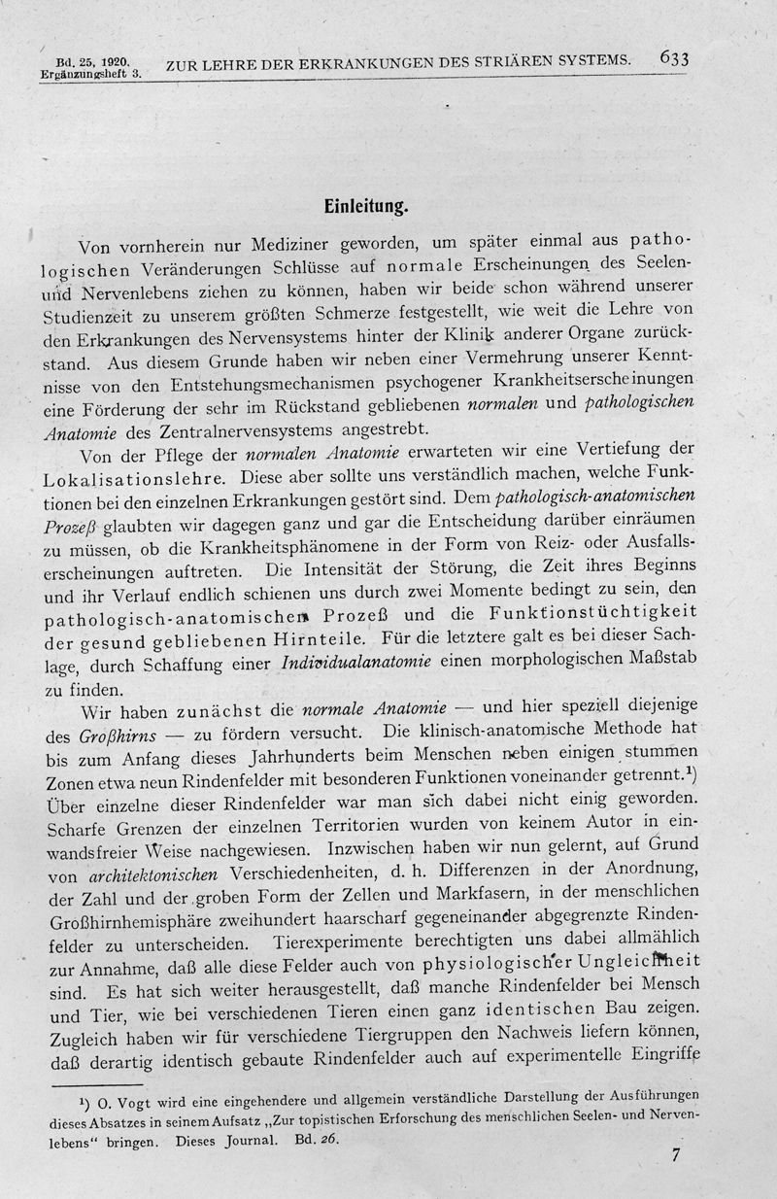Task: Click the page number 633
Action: (673, 58)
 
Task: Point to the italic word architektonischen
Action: (140, 874)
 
